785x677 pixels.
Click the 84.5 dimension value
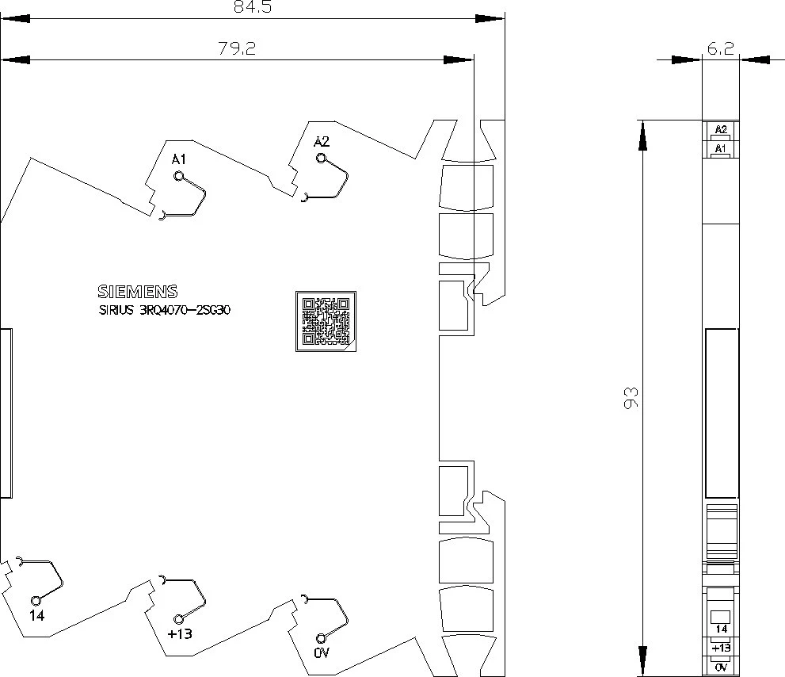click(253, 7)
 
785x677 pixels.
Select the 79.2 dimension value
click(237, 48)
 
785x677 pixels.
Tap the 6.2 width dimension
click(720, 48)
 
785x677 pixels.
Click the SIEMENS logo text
click(138, 292)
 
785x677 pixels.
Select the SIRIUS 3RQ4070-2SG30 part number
click(165, 310)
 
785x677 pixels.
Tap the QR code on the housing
click(326, 321)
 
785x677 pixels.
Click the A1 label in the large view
click(179, 159)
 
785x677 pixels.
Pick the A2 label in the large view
click(322, 142)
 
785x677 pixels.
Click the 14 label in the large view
click(37, 615)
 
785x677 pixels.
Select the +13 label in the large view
click(180, 634)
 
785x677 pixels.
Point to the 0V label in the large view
click(322, 653)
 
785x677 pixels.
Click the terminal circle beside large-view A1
click(179, 176)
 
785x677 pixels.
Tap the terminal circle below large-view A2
click(322, 159)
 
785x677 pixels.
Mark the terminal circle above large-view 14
click(36, 600)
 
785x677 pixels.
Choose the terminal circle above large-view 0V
click(321, 638)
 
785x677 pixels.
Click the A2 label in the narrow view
click(720, 129)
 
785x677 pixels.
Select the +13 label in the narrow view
click(721, 648)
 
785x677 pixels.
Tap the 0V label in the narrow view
click(721, 667)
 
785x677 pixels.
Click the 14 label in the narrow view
click(722, 629)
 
